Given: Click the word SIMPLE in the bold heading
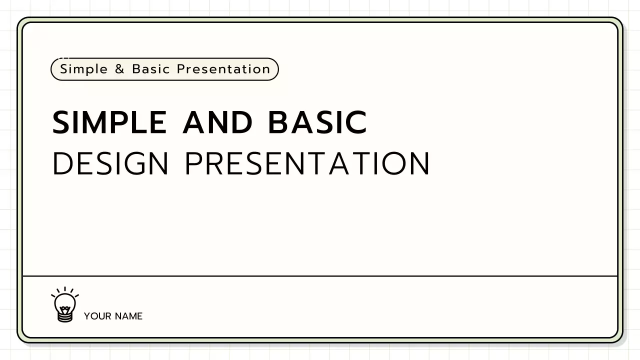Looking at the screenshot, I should point(109,122).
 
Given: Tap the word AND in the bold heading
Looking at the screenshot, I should point(217,122).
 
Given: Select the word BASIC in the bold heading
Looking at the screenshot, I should point(317,122).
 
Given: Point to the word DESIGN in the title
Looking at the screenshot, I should point(110,163).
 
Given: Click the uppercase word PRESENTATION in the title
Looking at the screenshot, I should point(307,163).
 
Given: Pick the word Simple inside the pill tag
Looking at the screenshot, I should point(83,69).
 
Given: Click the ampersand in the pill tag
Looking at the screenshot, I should point(119,69).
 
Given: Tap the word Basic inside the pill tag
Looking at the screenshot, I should point(151,69).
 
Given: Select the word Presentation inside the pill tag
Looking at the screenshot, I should point(223,69).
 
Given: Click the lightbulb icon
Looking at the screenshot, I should point(65,305).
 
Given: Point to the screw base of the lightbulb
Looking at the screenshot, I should point(65,316).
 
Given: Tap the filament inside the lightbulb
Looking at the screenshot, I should point(65,304).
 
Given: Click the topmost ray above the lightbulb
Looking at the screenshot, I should point(65,289).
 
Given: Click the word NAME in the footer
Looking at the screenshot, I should point(128,316).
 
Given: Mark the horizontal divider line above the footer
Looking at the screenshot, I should point(320,275).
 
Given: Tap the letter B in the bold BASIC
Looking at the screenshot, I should point(280,122).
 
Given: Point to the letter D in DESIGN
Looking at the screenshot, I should point(61,163).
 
